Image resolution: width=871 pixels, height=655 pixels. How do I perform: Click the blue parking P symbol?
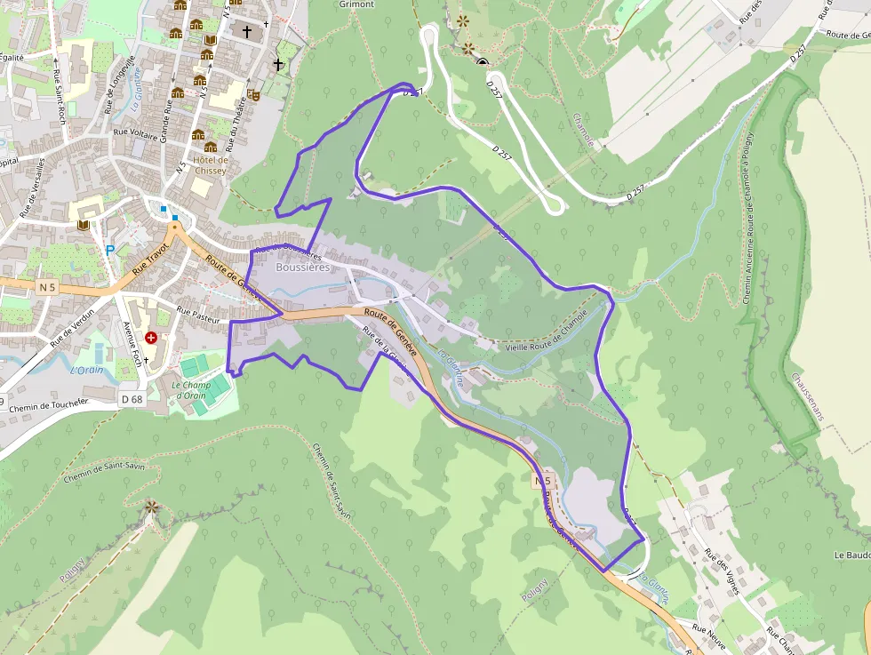(x=110, y=251)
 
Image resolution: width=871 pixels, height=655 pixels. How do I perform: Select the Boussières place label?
(x=303, y=267)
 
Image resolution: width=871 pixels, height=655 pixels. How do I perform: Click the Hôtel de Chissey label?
(x=210, y=164)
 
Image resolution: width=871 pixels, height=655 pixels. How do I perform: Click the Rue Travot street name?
(x=150, y=257)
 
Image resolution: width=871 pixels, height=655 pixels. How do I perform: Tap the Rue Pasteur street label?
(x=197, y=312)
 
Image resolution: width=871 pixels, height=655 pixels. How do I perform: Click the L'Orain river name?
(x=86, y=371)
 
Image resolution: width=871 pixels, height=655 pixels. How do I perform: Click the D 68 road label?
(x=131, y=400)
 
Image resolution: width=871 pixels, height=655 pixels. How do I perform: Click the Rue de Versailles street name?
(x=33, y=188)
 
